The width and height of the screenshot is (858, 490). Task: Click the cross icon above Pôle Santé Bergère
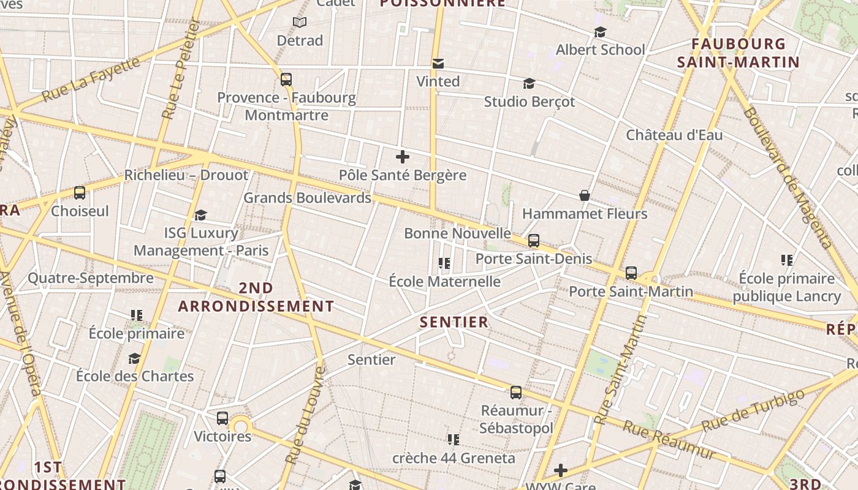pos(403,157)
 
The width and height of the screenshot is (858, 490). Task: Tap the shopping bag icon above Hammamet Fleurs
pos(585,195)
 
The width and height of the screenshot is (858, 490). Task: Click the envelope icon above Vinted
pos(438,64)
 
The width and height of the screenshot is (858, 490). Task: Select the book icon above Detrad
pos(300,23)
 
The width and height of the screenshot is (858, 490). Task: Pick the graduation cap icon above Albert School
pos(600,32)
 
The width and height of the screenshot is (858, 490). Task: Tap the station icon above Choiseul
pos(80,193)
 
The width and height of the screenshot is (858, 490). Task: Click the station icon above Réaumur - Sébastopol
pos(516,393)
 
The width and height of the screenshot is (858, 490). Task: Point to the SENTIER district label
pos(454,322)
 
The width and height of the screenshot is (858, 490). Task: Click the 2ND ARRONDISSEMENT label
pos(256,297)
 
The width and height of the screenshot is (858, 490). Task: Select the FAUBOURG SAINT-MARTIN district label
pos(738,53)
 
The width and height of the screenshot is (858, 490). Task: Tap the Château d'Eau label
pos(674,135)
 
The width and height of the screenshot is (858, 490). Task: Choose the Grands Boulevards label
pos(308,198)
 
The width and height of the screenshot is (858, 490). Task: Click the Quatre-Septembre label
pos(91,278)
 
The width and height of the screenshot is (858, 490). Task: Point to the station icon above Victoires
pos(222,418)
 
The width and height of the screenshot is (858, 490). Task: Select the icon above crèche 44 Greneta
pos(454,439)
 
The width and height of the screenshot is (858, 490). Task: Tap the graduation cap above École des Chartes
pos(134,358)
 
